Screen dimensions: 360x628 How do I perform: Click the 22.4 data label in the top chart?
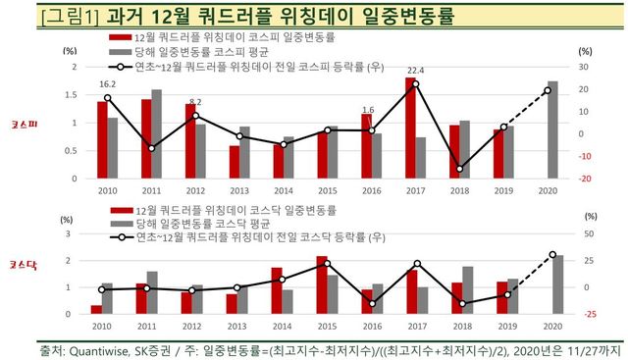coord(415,71)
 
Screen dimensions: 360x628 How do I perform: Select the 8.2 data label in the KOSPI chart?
coord(194,102)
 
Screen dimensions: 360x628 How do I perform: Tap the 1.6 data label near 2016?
coord(368,110)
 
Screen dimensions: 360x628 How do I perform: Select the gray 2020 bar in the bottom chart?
coord(557,284)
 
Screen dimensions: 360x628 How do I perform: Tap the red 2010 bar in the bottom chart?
coord(96,309)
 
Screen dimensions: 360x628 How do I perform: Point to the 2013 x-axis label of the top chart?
coord(238,191)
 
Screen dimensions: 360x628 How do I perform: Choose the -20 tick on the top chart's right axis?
coord(584,180)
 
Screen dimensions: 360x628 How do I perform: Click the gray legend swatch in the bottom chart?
coord(118,225)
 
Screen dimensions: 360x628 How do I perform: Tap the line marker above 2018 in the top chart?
coord(459,169)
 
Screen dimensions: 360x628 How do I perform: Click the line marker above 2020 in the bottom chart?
coord(551,255)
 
